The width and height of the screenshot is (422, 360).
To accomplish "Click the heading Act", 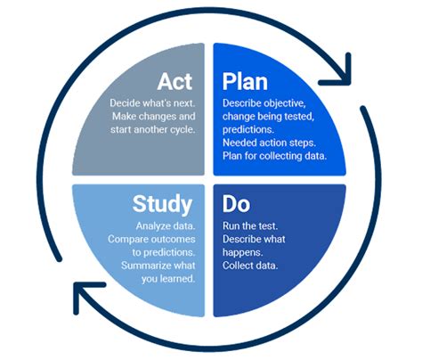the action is pos(174,81).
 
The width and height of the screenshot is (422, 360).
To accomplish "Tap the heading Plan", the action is pos(245,82).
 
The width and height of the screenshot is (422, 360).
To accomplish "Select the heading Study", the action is pos(162,204).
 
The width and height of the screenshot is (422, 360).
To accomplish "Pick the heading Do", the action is pos(236,204).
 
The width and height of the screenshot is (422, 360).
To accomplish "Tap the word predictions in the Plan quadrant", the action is pos(248,130).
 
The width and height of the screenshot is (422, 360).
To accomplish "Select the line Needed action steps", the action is pos(269,143).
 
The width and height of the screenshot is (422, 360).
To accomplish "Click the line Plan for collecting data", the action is pos(274,156).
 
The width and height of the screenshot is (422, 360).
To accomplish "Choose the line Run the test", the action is pos(250,225).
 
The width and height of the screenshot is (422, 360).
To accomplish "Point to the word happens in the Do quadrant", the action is pos(243,252).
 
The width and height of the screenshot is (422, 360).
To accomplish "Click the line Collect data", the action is pos(250,266).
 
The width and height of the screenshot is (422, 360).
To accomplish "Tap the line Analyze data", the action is pos(166,226).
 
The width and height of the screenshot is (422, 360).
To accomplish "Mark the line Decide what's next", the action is pos(152,103).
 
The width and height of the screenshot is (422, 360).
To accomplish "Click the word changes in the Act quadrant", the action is pos(158,116).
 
